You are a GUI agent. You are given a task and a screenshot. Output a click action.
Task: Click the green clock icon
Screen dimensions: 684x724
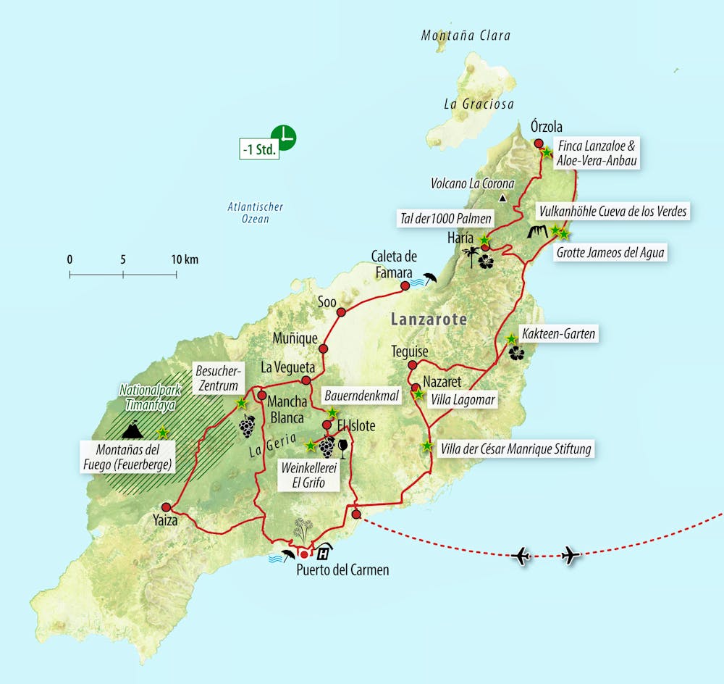pyautogui.click(x=284, y=137)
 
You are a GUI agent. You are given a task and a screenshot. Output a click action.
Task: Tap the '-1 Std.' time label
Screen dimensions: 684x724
pyautogui.click(x=259, y=151)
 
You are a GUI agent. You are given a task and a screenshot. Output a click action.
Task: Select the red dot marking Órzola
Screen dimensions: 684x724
pyautogui.click(x=539, y=143)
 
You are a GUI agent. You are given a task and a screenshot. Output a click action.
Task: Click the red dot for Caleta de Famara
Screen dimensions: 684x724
pyautogui.click(x=405, y=286)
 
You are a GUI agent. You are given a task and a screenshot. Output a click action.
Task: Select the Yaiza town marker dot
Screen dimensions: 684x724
pyautogui.click(x=167, y=507)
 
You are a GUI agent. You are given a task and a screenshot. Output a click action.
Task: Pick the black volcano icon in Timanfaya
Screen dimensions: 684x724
pyautogui.click(x=132, y=432)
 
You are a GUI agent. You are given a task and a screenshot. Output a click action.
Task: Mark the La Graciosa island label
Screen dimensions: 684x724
pyautogui.click(x=479, y=104)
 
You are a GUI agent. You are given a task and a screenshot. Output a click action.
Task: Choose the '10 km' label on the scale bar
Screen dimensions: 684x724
pyautogui.click(x=185, y=259)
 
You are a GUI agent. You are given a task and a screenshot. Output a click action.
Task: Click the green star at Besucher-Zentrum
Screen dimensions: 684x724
pyautogui.click(x=241, y=402)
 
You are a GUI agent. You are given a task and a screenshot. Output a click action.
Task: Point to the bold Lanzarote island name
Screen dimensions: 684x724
pyautogui.click(x=429, y=319)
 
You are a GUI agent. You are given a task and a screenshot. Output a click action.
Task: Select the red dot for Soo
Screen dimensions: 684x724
pyautogui.click(x=342, y=313)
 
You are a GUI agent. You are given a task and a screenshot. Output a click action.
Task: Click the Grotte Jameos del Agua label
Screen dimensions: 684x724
pyautogui.click(x=610, y=254)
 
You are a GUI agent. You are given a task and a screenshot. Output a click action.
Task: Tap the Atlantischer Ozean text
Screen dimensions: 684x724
pyautogui.click(x=255, y=212)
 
